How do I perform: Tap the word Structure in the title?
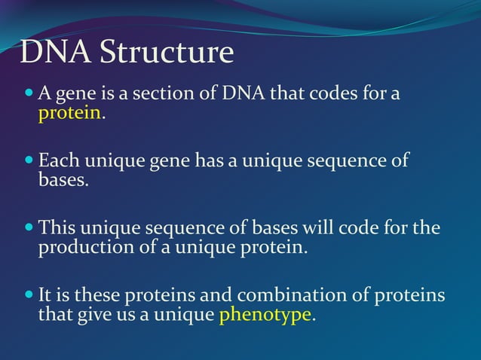coord(167,53)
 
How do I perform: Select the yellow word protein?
coord(69,114)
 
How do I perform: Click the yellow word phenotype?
coord(265,314)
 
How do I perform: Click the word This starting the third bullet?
coord(57,227)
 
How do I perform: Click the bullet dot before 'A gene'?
coord(29,95)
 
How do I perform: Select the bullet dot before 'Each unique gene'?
coord(29,161)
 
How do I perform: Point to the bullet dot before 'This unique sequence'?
coord(29,227)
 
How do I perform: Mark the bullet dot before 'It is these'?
coord(29,294)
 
